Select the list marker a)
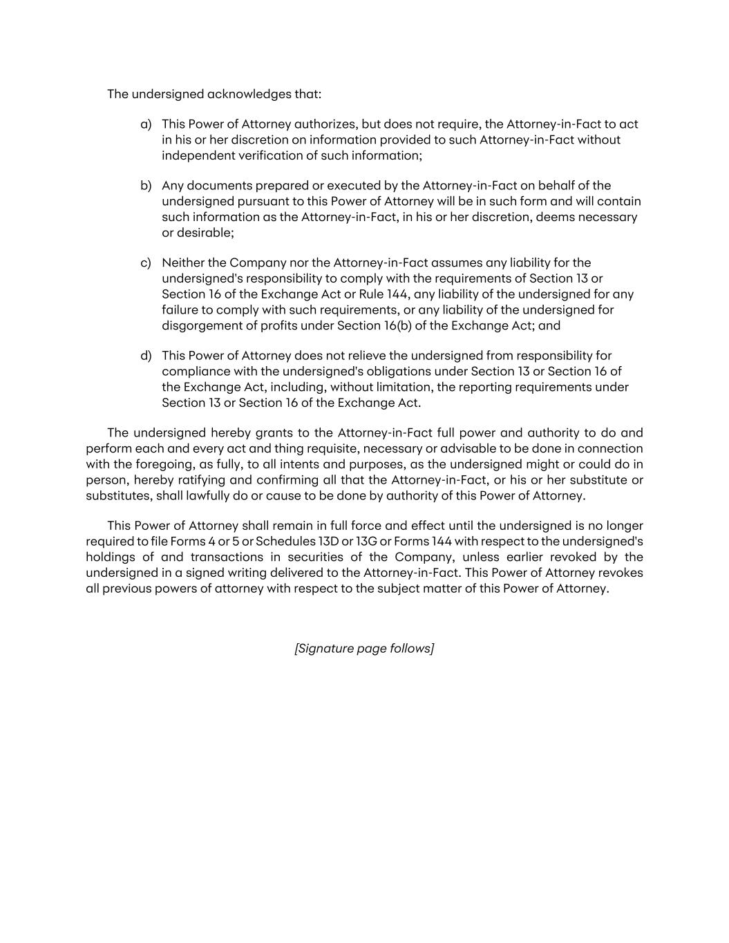coord(146,124)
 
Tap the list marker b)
coord(146,186)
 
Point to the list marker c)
coord(146,263)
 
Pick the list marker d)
coord(146,356)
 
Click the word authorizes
coord(326,124)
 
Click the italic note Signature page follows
coord(364,649)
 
